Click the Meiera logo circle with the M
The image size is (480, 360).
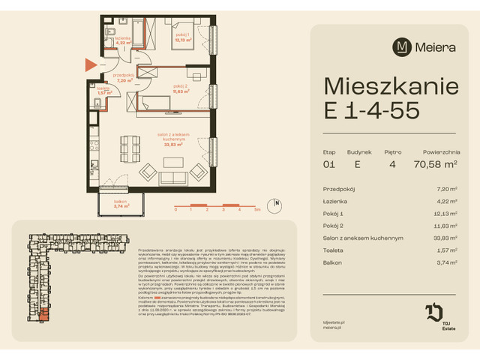coord(403,47)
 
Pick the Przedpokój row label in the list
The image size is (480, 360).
coord(338,190)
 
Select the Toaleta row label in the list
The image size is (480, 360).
coord(334,250)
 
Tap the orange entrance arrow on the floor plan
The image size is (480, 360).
coord(90,66)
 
